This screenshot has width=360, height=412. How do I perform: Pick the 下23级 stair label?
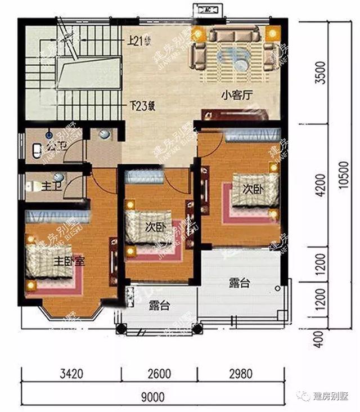point(141,105)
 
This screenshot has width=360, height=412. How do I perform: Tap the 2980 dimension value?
point(240,373)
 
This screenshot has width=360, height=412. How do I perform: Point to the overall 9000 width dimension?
point(152,397)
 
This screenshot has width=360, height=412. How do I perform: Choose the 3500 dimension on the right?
point(320,73)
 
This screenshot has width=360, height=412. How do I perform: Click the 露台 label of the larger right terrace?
point(239,283)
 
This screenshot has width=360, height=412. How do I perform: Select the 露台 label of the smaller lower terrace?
point(159,306)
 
